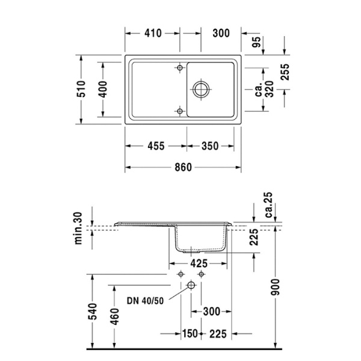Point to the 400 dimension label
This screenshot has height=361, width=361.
coord(103,90)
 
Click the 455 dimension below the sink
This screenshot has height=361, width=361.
coord(155,146)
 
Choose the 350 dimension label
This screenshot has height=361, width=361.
coord(211,146)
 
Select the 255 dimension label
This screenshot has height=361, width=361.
coord(285,72)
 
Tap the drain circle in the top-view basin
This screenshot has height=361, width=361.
coord(201,90)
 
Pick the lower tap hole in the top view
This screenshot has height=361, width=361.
coord(179,111)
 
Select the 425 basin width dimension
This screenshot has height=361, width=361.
coord(199,264)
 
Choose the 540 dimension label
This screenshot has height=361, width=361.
coord(91,312)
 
